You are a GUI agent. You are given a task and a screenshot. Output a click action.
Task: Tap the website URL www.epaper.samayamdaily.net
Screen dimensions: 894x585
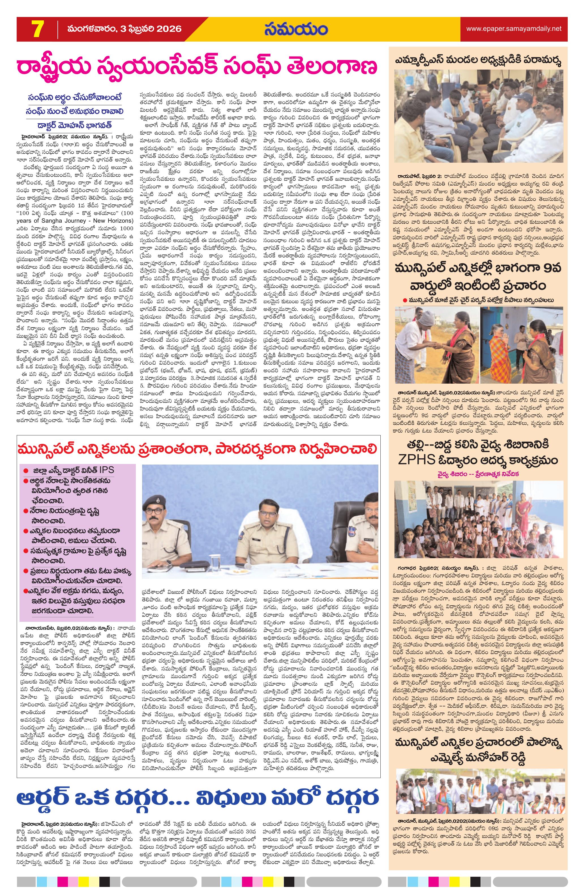coord(514,29)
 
